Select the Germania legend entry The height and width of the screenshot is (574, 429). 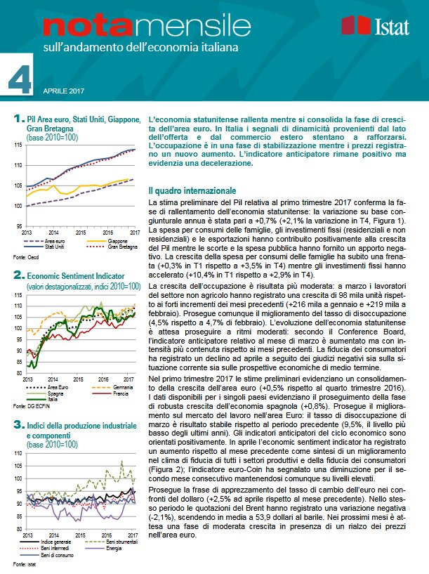(x=106, y=387)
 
